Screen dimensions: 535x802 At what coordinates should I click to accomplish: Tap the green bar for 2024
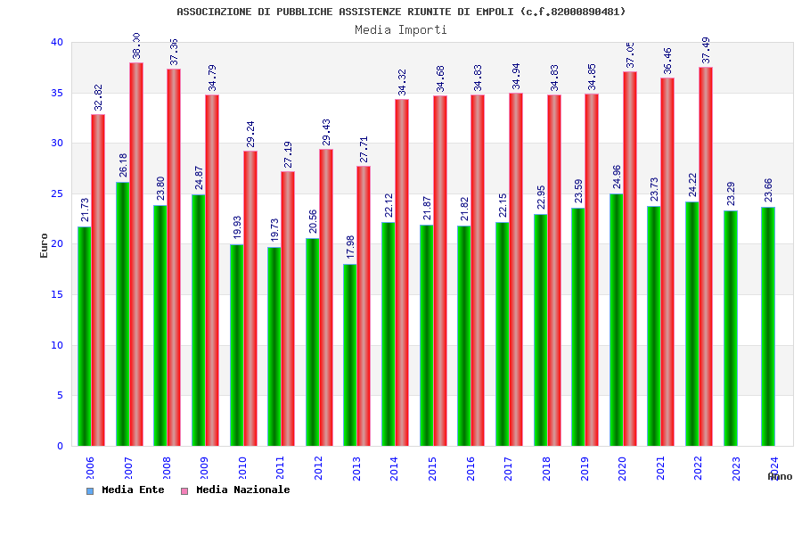[x=768, y=326]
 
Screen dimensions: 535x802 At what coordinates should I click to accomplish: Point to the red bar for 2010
[x=250, y=299]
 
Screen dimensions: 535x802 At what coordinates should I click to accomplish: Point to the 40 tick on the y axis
[x=57, y=42]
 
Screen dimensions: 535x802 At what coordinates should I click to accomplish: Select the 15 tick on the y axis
[x=57, y=294]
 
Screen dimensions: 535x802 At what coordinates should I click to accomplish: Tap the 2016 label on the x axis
[x=471, y=469]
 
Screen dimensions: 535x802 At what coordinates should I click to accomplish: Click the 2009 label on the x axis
[x=204, y=469]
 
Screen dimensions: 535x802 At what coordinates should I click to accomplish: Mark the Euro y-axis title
[x=44, y=245]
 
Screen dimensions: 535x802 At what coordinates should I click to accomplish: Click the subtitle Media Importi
[x=401, y=29]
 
